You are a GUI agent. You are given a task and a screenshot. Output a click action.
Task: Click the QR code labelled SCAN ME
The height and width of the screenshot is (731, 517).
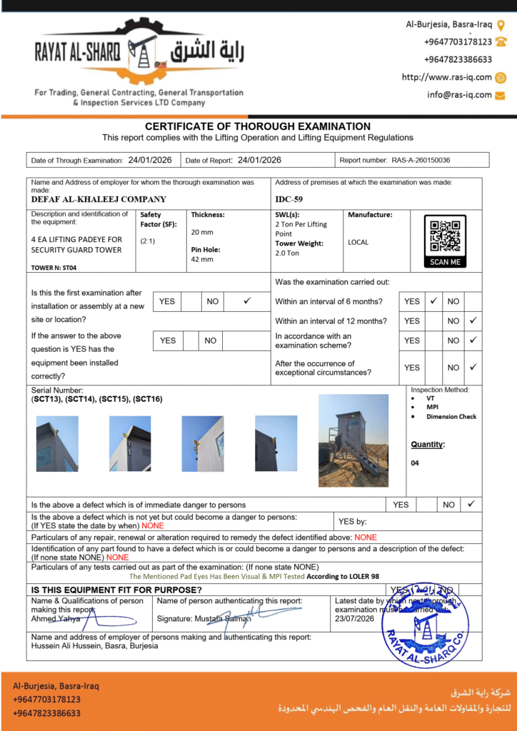click(445, 241)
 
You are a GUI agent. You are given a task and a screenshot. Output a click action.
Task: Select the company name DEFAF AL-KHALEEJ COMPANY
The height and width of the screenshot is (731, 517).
click(99, 199)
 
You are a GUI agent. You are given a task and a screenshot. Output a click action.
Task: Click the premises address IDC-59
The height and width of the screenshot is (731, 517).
click(288, 199)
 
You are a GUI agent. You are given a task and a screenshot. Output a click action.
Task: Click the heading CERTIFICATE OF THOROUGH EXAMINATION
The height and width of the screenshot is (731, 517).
click(258, 126)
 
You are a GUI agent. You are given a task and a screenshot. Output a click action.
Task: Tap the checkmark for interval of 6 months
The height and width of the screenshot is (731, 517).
click(433, 301)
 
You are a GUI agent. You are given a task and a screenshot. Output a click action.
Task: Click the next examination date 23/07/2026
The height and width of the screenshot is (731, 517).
click(355, 619)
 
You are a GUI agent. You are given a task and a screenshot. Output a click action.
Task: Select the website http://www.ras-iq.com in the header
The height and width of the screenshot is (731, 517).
click(447, 77)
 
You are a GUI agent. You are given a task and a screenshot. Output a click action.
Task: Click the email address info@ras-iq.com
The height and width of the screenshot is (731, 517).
click(460, 94)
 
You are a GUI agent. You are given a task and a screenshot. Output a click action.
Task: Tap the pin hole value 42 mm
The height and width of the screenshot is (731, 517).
click(202, 259)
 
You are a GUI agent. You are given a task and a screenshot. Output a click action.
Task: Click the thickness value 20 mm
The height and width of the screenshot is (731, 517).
click(202, 232)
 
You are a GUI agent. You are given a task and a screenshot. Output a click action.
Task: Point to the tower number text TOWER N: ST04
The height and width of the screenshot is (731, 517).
click(54, 268)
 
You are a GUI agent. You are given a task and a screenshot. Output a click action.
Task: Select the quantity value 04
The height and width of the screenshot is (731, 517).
click(416, 463)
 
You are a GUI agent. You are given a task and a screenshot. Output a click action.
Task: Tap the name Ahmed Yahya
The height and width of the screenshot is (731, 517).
click(56, 619)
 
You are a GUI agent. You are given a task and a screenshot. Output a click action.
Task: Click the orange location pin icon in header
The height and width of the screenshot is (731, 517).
click(501, 24)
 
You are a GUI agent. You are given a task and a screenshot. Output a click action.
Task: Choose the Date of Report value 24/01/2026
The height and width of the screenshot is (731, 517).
click(259, 161)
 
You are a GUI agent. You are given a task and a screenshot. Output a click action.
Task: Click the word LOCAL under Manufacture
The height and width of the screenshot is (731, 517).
click(358, 242)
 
